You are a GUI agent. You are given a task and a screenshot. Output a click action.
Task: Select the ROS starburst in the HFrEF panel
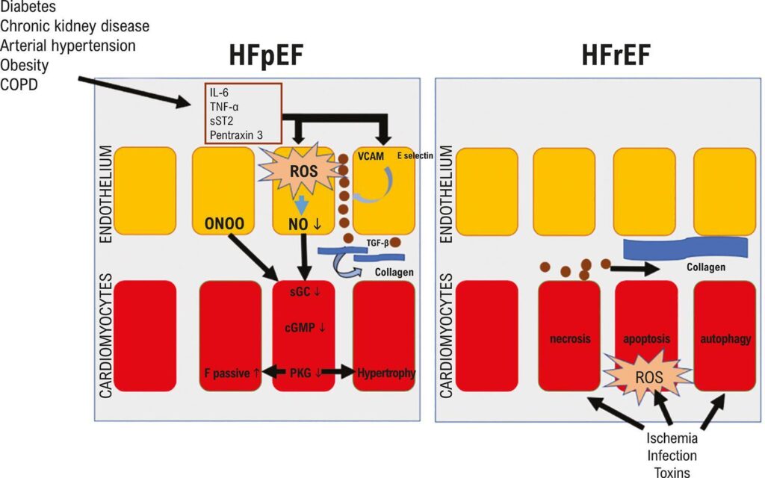[645, 377]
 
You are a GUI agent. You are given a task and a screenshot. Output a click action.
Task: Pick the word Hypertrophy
[385, 371]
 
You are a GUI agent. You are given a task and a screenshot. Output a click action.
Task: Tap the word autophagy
[725, 338]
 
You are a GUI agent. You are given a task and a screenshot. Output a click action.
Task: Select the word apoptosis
[645, 338]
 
